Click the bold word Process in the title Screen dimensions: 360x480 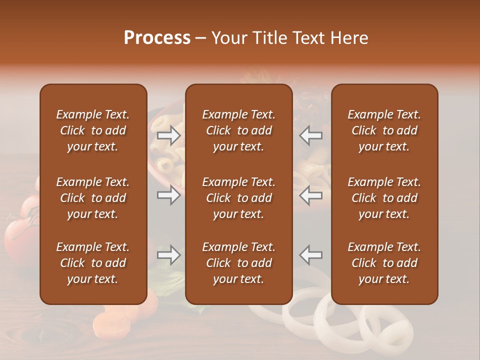157,38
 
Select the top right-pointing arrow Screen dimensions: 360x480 168,135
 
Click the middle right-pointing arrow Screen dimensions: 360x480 168,195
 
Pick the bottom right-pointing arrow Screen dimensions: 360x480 168,255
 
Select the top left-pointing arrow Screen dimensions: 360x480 311,135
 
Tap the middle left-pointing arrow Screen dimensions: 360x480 311,195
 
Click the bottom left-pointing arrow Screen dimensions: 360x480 311,255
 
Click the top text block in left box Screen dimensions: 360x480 93,130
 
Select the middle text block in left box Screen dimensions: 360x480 93,198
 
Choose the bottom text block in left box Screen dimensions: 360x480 93,263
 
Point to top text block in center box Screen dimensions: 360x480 238,130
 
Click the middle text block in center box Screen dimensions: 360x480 238,198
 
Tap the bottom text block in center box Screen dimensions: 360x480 238,263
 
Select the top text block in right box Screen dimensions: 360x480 384,130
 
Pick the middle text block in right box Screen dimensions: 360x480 384,198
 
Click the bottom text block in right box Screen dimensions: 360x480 384,263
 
